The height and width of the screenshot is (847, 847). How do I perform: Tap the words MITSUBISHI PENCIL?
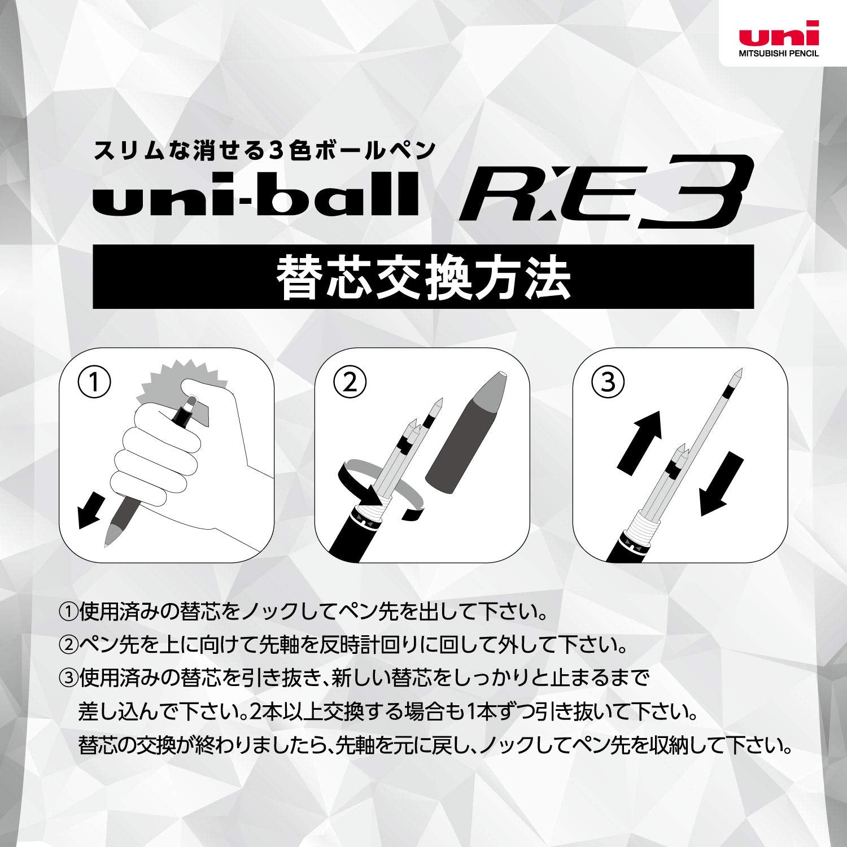(779, 54)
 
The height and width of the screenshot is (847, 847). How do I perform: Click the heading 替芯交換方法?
(423, 277)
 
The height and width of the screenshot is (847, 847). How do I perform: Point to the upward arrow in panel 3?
(640, 440)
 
